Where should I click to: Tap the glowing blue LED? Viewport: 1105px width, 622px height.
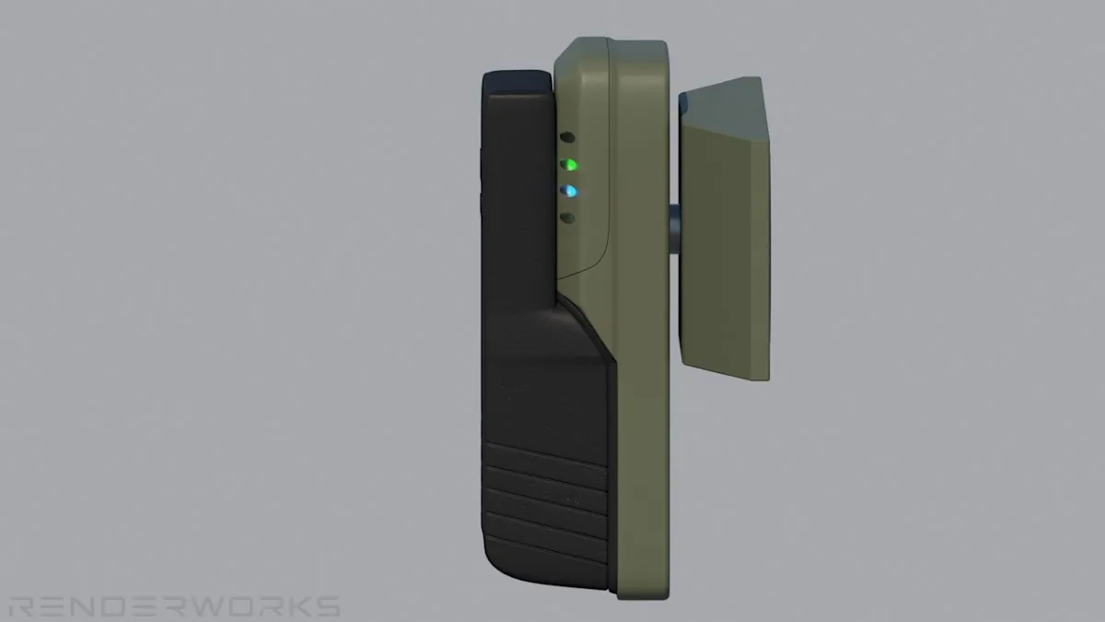pyautogui.click(x=569, y=191)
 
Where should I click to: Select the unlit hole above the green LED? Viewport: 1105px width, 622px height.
pyautogui.click(x=568, y=137)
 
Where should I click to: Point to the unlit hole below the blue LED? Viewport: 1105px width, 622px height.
pyautogui.click(x=568, y=217)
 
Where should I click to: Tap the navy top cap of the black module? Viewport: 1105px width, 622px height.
pyautogui.click(x=518, y=82)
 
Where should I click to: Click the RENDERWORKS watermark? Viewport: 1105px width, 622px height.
pyautogui.click(x=175, y=606)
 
